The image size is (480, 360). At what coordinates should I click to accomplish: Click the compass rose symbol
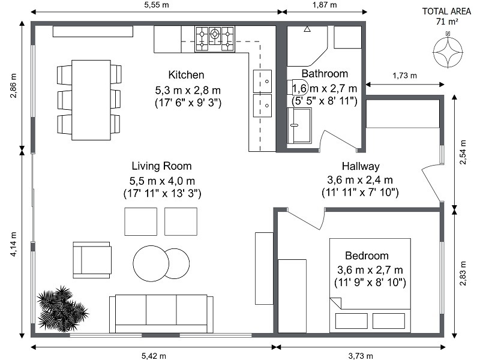pyautogui.click(x=446, y=51)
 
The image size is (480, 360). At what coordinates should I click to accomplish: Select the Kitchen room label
pyautogui.click(x=187, y=75)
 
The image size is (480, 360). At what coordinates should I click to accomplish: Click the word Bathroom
pyautogui.click(x=325, y=74)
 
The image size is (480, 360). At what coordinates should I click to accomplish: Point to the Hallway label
pyautogui.click(x=361, y=166)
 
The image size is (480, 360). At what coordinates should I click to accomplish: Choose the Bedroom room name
pyautogui.click(x=367, y=256)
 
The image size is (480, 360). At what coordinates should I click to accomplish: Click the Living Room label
pyautogui.click(x=162, y=166)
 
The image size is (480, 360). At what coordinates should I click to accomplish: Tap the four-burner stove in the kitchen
pyautogui.click(x=215, y=38)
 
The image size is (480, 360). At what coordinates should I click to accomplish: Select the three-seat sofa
pyautogui.click(x=161, y=313)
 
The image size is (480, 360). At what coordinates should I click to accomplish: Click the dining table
pyautogui.click(x=91, y=100)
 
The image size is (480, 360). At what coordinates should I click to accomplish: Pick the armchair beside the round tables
pyautogui.click(x=92, y=260)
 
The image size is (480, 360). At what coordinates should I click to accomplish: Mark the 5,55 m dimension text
pyautogui.click(x=155, y=5)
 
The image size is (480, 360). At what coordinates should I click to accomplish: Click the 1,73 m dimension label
pyautogui.click(x=404, y=76)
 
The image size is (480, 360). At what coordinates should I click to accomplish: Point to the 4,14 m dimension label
pyautogui.click(x=14, y=245)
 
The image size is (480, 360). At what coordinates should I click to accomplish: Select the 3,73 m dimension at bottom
pyautogui.click(x=359, y=356)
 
